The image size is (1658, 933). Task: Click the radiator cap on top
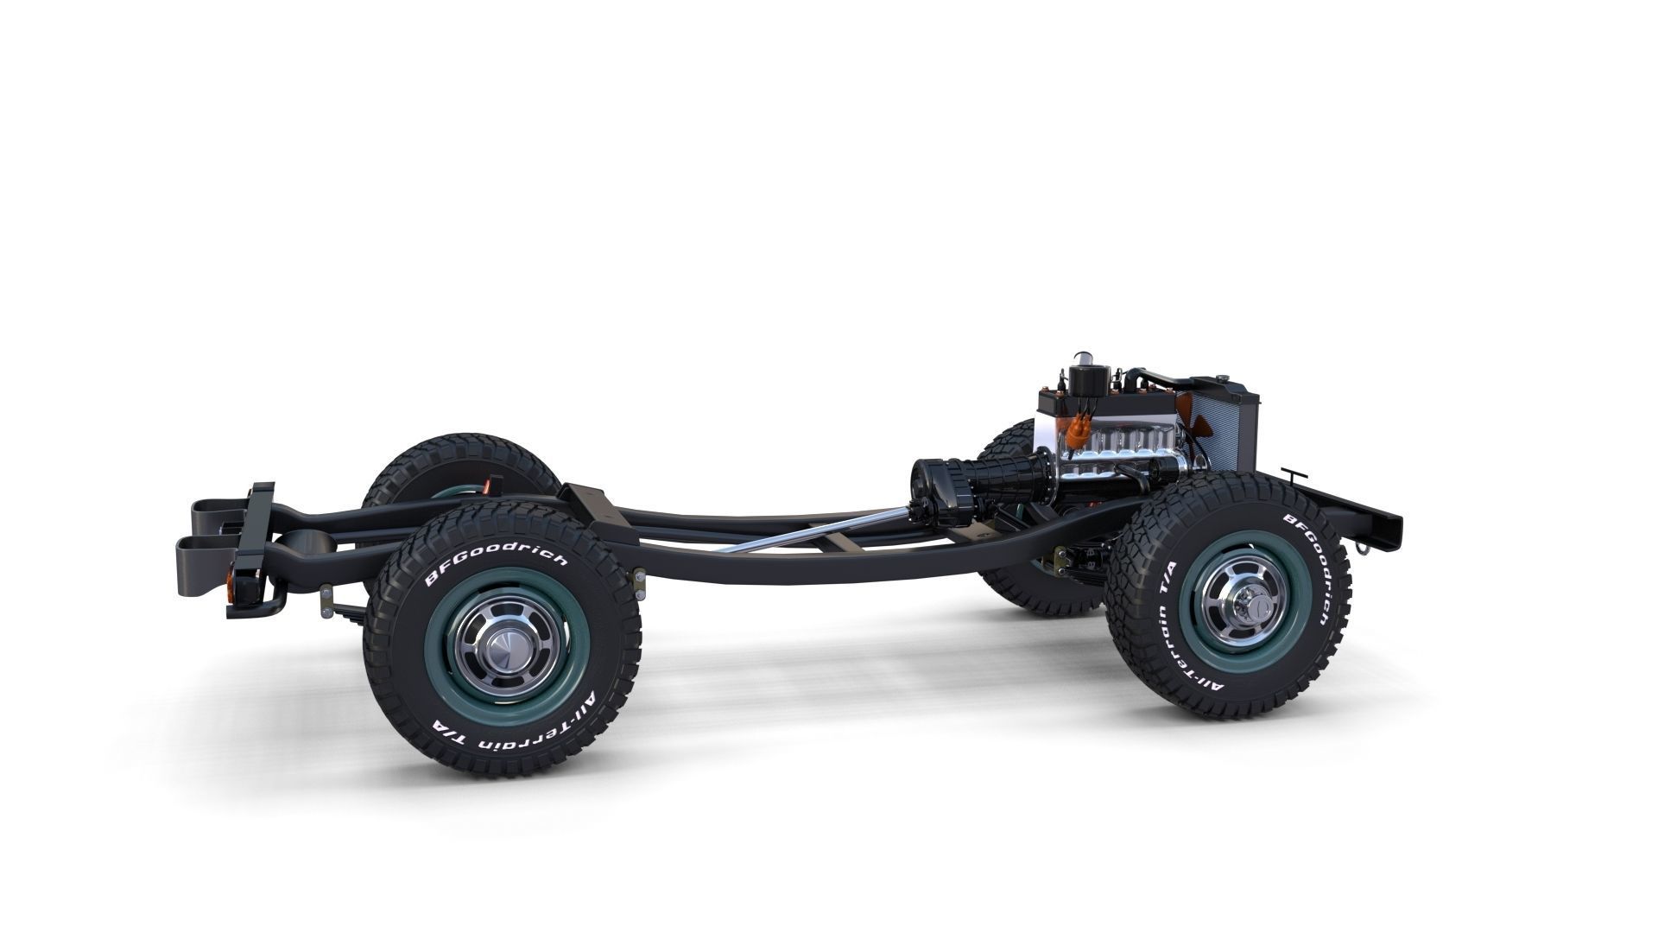tap(1222, 377)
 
